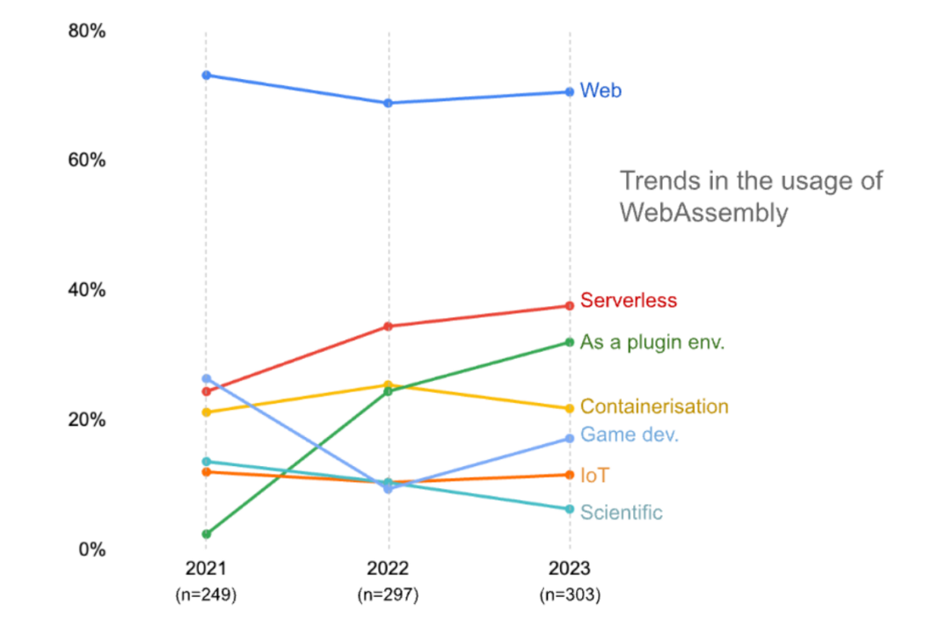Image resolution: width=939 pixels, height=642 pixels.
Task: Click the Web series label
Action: [x=601, y=91]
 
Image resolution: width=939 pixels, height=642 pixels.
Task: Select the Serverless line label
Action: [x=629, y=301]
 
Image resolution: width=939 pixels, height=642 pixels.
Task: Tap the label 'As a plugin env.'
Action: [x=652, y=343]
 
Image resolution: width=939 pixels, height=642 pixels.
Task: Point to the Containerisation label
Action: [x=654, y=406]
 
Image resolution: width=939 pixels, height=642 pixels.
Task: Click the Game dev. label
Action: [x=630, y=434]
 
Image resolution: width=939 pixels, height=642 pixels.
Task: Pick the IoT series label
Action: [x=594, y=476]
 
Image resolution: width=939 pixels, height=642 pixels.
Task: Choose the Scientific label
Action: [x=622, y=513]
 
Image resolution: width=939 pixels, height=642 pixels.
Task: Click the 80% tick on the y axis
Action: [x=86, y=32]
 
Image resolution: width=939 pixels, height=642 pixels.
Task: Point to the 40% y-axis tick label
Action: [x=86, y=290]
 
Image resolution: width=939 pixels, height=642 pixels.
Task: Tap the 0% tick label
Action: [x=91, y=550]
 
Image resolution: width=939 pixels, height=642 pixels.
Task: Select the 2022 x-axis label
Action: [x=388, y=567]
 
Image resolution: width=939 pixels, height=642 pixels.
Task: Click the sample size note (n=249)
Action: [x=206, y=595]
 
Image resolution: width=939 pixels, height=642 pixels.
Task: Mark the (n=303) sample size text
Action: [x=570, y=595]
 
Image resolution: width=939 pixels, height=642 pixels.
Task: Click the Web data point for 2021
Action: [x=206, y=75]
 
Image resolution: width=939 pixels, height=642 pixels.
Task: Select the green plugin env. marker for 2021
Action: [x=206, y=534]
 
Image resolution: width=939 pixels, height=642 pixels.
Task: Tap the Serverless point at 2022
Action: [x=388, y=326]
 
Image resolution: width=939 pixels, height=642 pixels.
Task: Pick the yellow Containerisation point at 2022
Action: [x=388, y=385]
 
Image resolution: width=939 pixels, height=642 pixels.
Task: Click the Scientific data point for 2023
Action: [x=570, y=509]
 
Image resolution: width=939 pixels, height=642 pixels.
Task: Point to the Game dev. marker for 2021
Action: [x=206, y=378]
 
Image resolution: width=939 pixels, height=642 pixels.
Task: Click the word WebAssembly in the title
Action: [x=703, y=213]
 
